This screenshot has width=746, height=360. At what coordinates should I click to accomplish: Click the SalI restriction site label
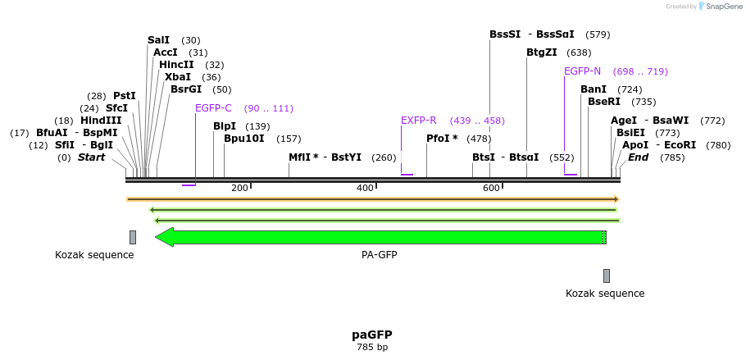(158, 40)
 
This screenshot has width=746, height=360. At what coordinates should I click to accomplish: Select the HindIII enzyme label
(101, 121)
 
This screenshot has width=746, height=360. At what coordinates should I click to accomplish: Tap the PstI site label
(125, 96)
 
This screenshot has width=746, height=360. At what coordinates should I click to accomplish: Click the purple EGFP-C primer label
(213, 108)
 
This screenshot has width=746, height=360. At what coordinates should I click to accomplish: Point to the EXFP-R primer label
(418, 121)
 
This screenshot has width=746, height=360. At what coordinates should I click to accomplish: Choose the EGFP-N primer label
(582, 71)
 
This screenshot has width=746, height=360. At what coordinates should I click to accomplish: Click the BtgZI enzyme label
(542, 52)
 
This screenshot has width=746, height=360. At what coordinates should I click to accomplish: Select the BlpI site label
(225, 126)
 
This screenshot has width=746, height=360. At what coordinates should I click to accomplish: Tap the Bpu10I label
(244, 139)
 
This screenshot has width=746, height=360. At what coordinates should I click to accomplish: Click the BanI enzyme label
(594, 89)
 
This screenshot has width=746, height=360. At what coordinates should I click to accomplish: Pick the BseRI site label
(604, 102)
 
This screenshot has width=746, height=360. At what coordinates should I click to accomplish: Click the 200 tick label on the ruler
(239, 189)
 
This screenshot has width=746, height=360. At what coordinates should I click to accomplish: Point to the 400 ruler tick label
(365, 189)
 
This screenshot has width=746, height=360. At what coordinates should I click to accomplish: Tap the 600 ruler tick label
(491, 189)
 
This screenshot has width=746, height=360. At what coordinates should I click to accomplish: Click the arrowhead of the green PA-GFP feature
(164, 237)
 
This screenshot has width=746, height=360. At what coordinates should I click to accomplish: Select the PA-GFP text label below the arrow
(379, 255)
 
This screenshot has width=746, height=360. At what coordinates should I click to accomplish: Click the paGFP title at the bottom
(372, 335)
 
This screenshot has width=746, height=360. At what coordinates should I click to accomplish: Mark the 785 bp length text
(372, 348)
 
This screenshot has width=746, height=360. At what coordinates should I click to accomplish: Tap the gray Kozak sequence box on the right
(607, 276)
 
